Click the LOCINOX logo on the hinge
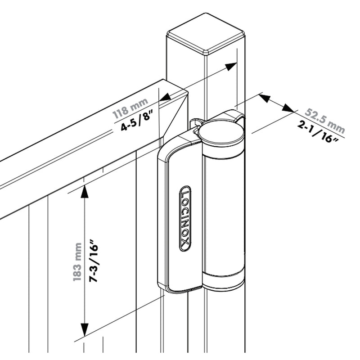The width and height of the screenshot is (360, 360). (x=185, y=218)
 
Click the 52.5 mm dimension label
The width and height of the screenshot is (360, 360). (x=324, y=117)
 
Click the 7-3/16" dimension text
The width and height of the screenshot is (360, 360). (x=94, y=261)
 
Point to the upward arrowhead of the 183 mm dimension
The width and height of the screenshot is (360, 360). (x=84, y=191)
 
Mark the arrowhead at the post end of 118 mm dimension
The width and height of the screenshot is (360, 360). (x=230, y=67)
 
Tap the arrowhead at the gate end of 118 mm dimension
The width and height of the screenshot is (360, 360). (x=165, y=96)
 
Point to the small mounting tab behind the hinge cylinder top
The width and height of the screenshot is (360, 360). (x=196, y=122)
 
